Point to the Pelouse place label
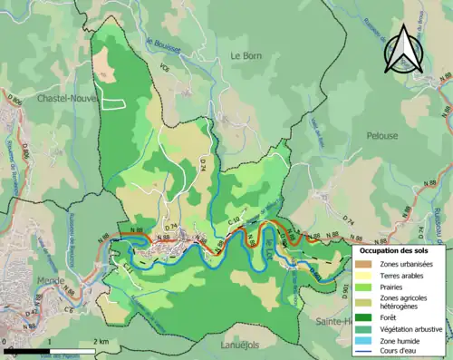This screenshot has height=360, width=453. [x=383, y=136]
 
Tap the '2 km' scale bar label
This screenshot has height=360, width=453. [x=100, y=341]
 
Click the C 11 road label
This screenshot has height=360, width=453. [x=128, y=268]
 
